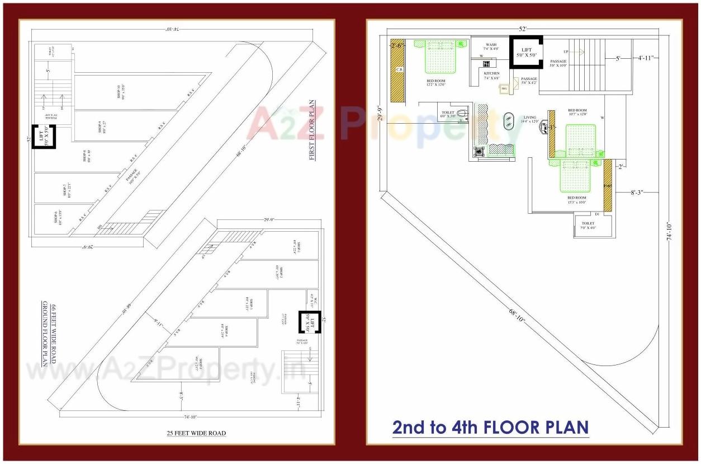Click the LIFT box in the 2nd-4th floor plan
click(x=526, y=52)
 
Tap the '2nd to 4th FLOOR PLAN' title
click(x=490, y=427)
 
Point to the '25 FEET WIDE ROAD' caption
click(x=196, y=433)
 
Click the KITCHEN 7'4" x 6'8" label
click(x=491, y=76)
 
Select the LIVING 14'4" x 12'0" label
click(x=529, y=119)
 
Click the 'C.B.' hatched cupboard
click(x=398, y=70)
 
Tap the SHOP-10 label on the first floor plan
click(x=120, y=92)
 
